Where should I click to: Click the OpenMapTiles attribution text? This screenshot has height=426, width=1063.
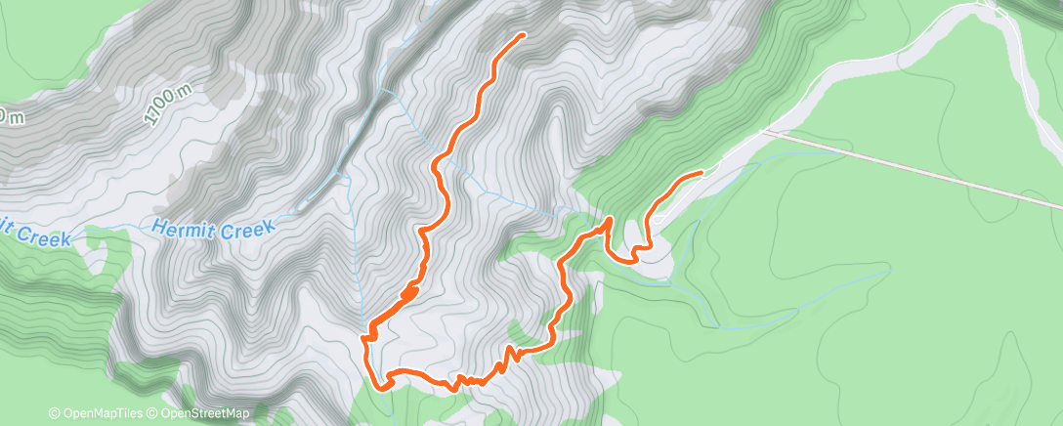[x=99, y=414]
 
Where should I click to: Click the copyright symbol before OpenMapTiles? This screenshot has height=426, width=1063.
[x=54, y=414]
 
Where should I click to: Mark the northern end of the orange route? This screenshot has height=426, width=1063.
[x=522, y=35]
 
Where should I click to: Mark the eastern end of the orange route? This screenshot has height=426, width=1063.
[x=700, y=173]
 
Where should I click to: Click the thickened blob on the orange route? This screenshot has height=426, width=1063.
[x=409, y=292]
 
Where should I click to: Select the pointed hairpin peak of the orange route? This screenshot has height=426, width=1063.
[x=608, y=221]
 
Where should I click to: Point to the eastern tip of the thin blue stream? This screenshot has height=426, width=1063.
[x=889, y=265]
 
